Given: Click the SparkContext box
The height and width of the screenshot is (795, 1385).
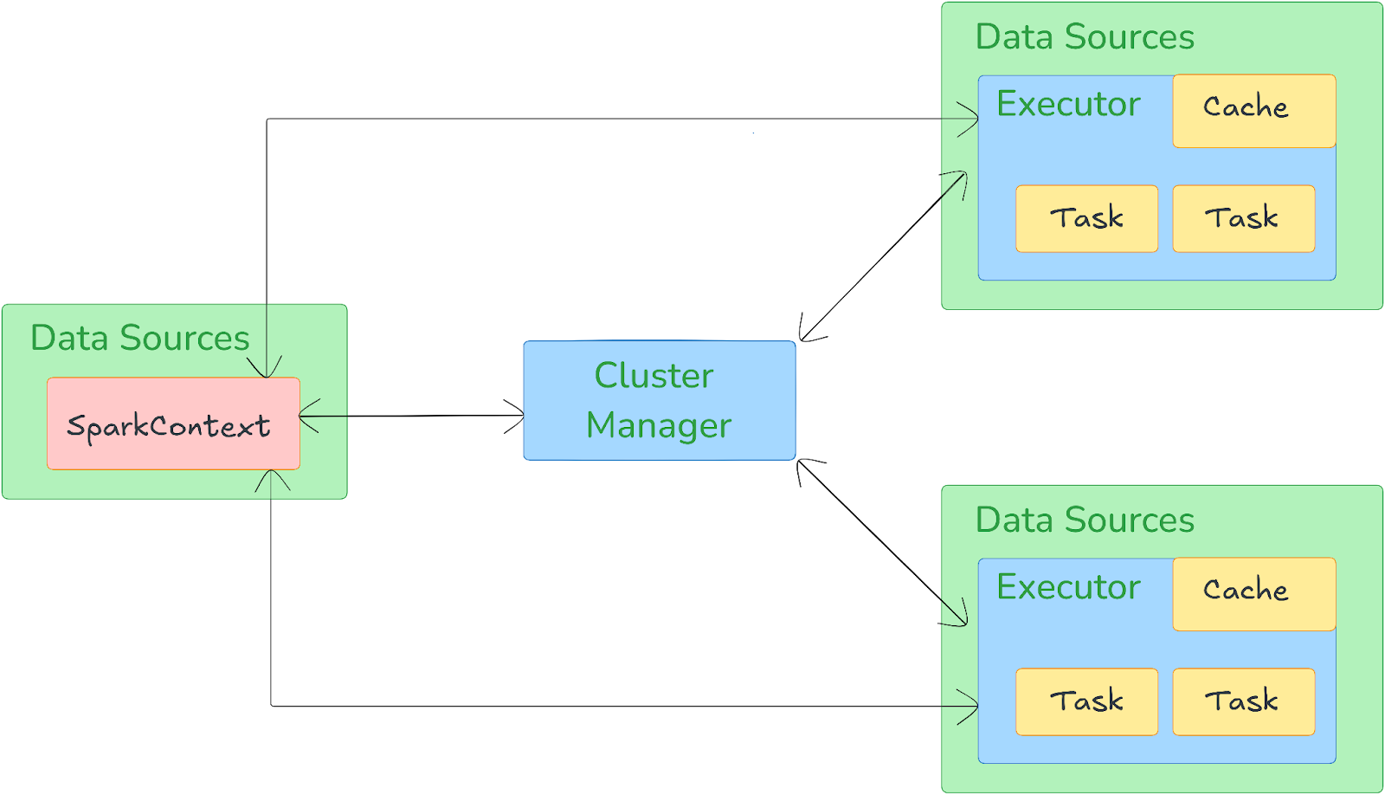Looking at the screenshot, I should pos(173,423).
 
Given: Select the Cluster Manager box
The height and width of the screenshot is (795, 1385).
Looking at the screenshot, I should pos(659,400).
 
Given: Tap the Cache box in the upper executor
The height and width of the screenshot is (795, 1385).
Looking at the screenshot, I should pos(1253,110).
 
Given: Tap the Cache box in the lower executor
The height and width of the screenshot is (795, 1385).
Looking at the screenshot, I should pos(1253,593).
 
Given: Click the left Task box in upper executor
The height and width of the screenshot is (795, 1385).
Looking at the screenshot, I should pos(1086,218).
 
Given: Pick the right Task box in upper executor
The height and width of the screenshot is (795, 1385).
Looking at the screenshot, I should pos(1243,218).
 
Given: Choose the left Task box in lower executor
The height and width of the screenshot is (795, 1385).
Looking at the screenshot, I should pos(1086,701).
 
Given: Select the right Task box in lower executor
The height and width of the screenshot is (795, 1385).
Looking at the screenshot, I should pos(1243,701).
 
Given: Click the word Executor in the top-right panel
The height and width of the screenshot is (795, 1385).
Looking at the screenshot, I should pos(1068,104).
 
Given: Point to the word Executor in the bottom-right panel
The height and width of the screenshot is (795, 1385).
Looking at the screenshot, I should pos(1068,587).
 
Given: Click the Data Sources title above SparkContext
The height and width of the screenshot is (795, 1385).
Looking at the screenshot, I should pos(139,338).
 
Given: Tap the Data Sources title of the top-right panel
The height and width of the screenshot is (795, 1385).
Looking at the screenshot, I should pos(1085,37).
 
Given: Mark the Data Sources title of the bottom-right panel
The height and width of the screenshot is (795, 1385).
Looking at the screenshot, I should pos(1085,520).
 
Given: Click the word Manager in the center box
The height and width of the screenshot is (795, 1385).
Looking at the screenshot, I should pos(659,426).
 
